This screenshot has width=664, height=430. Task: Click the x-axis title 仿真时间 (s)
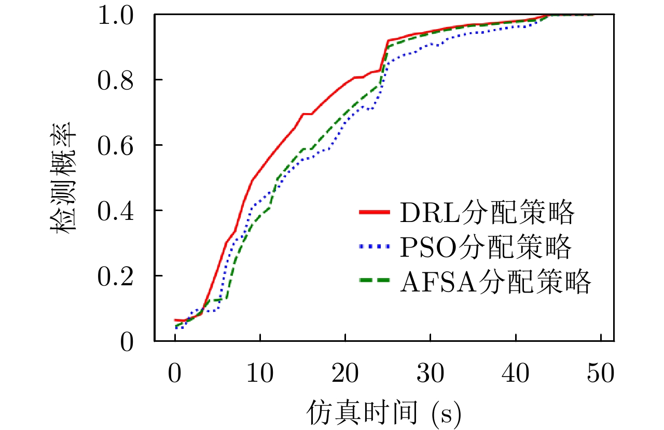click(x=384, y=412)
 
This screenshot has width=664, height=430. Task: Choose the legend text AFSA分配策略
click(x=495, y=283)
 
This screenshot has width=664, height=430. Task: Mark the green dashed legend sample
click(x=374, y=281)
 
